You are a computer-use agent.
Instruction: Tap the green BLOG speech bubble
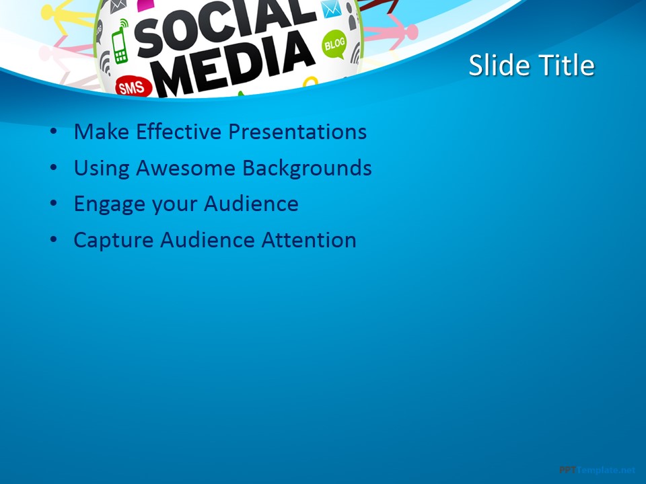point(334,45)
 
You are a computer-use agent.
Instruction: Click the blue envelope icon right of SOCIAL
point(330,9)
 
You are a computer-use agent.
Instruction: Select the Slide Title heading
point(531,66)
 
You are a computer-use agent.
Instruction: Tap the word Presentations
point(297,131)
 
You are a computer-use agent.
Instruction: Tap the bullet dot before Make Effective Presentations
point(53,132)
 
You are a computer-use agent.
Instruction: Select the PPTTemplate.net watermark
point(597,470)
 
